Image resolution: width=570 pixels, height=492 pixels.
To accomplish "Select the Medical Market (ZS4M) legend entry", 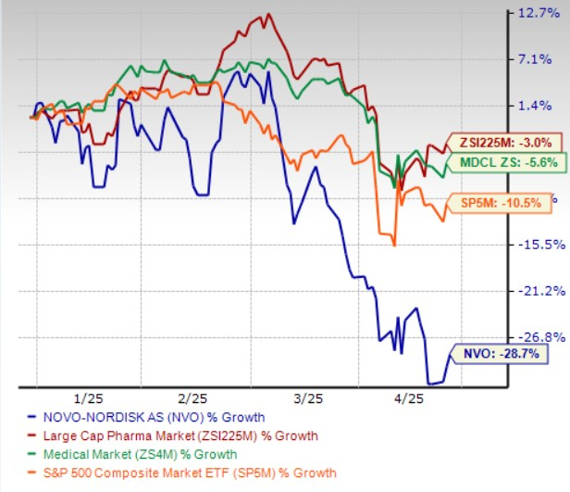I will click(139, 454).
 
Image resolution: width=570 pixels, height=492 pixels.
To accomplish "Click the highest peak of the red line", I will click(267, 14).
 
